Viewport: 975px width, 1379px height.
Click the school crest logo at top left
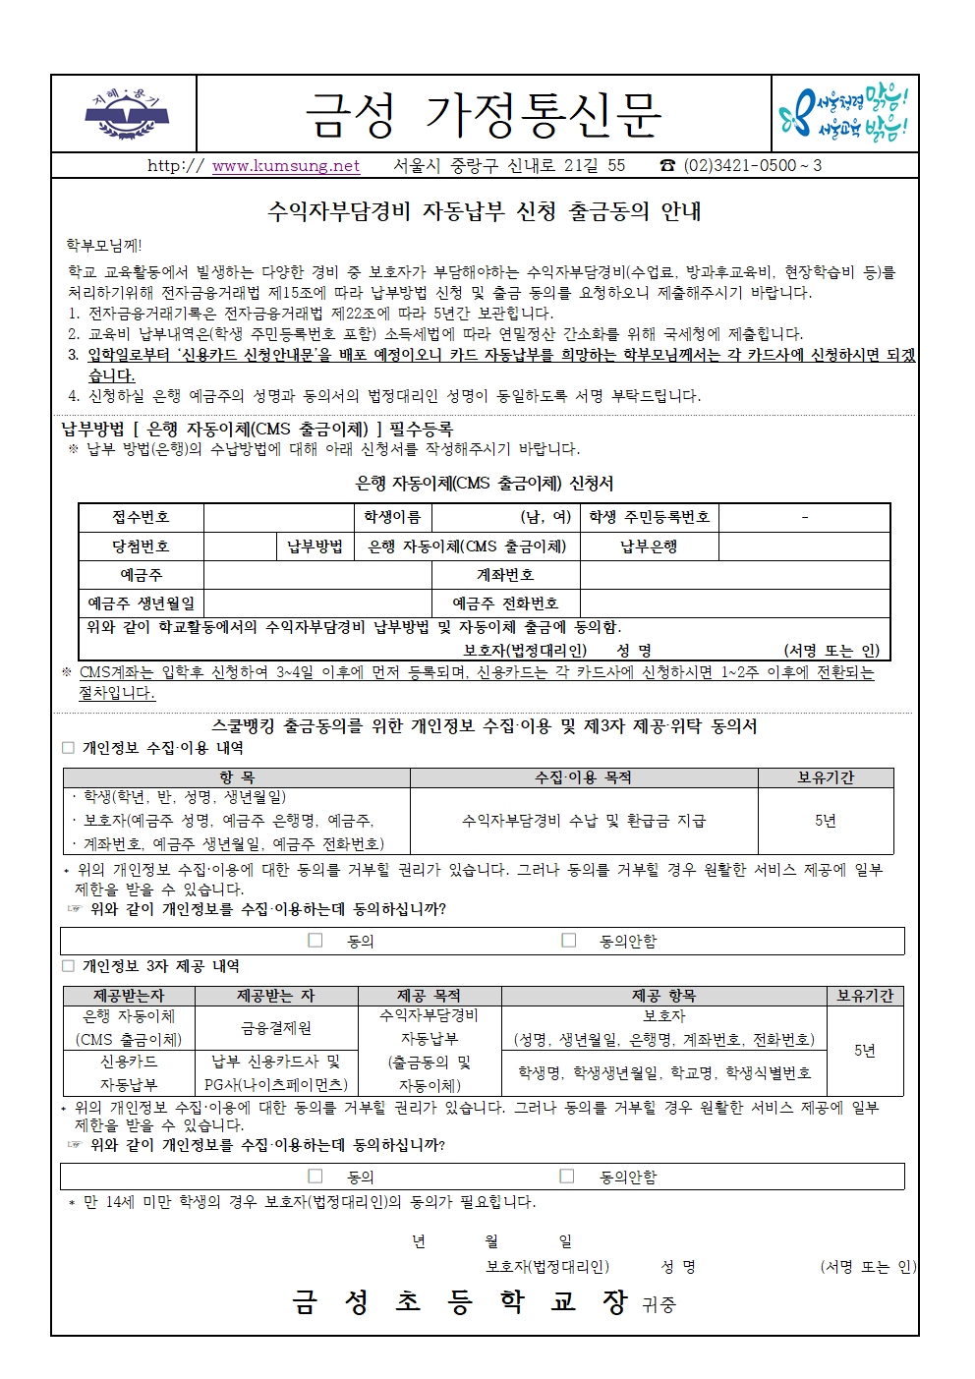[126, 114]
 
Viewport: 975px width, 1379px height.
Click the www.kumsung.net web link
[286, 166]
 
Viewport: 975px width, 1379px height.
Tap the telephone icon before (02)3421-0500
[668, 166]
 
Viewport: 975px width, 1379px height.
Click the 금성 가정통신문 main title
[484, 115]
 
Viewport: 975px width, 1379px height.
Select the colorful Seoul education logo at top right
[842, 114]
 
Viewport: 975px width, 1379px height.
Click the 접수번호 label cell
[141, 517]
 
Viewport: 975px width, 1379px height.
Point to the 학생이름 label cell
[392, 517]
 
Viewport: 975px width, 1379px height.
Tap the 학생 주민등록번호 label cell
[649, 517]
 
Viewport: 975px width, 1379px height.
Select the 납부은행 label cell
[649, 546]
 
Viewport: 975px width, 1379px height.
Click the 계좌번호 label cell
[505, 575]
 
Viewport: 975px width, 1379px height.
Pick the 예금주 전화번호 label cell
[505, 603]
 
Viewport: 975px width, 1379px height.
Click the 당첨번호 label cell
[141, 546]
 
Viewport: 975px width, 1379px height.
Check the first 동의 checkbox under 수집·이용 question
[315, 941]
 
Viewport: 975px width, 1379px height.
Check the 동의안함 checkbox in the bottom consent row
[567, 1176]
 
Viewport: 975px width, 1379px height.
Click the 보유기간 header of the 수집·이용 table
[826, 777]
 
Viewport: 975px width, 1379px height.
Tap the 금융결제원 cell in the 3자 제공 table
[276, 1028]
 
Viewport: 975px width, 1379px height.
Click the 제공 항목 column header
[663, 996]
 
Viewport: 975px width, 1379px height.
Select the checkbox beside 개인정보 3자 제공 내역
[69, 966]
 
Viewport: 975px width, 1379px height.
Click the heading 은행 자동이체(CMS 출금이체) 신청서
[485, 484]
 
